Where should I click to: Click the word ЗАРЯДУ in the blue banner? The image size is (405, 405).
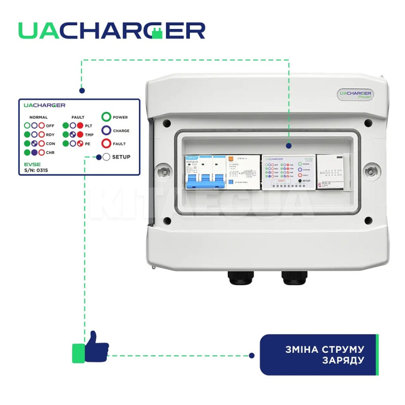tap(343, 360)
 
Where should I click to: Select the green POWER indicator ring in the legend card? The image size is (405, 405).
tap(106, 117)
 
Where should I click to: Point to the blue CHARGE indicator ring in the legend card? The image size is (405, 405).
tap(106, 131)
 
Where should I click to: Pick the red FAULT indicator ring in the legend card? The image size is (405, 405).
tap(106, 144)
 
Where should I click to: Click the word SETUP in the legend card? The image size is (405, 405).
tap(121, 157)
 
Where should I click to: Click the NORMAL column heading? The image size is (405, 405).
tap(38, 117)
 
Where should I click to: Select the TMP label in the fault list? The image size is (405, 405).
tap(89, 135)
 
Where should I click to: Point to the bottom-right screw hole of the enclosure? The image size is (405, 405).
tap(368, 220)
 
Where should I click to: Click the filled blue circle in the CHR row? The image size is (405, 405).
tap(34, 152)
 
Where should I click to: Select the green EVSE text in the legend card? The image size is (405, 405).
tap(31, 165)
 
